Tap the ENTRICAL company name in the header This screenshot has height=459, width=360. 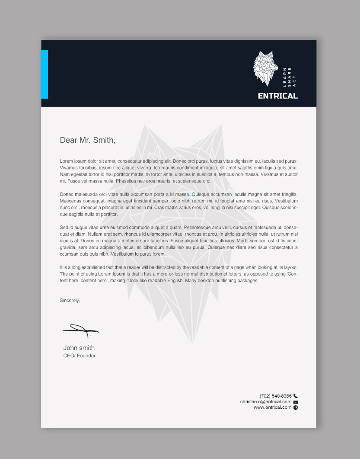tap(277, 96)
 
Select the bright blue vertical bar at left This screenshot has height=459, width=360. tap(44, 74)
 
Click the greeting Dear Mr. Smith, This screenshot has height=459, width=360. tap(88, 140)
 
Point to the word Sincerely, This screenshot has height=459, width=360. tap(70, 300)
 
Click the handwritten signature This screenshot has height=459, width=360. tap(81, 331)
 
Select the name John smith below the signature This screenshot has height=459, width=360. tap(79, 348)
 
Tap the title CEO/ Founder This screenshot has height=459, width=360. tap(80, 356)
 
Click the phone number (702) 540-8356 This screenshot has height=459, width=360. tap(275, 396)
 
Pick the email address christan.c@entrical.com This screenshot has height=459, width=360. tap(266, 401)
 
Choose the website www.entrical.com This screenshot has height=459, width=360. tap(272, 407)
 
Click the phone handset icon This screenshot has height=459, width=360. tap(296, 396)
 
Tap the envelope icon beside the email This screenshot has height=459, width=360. tap(296, 402)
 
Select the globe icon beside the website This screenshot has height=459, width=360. tap(296, 408)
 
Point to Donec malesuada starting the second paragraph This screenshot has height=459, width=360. tap(78, 194)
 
